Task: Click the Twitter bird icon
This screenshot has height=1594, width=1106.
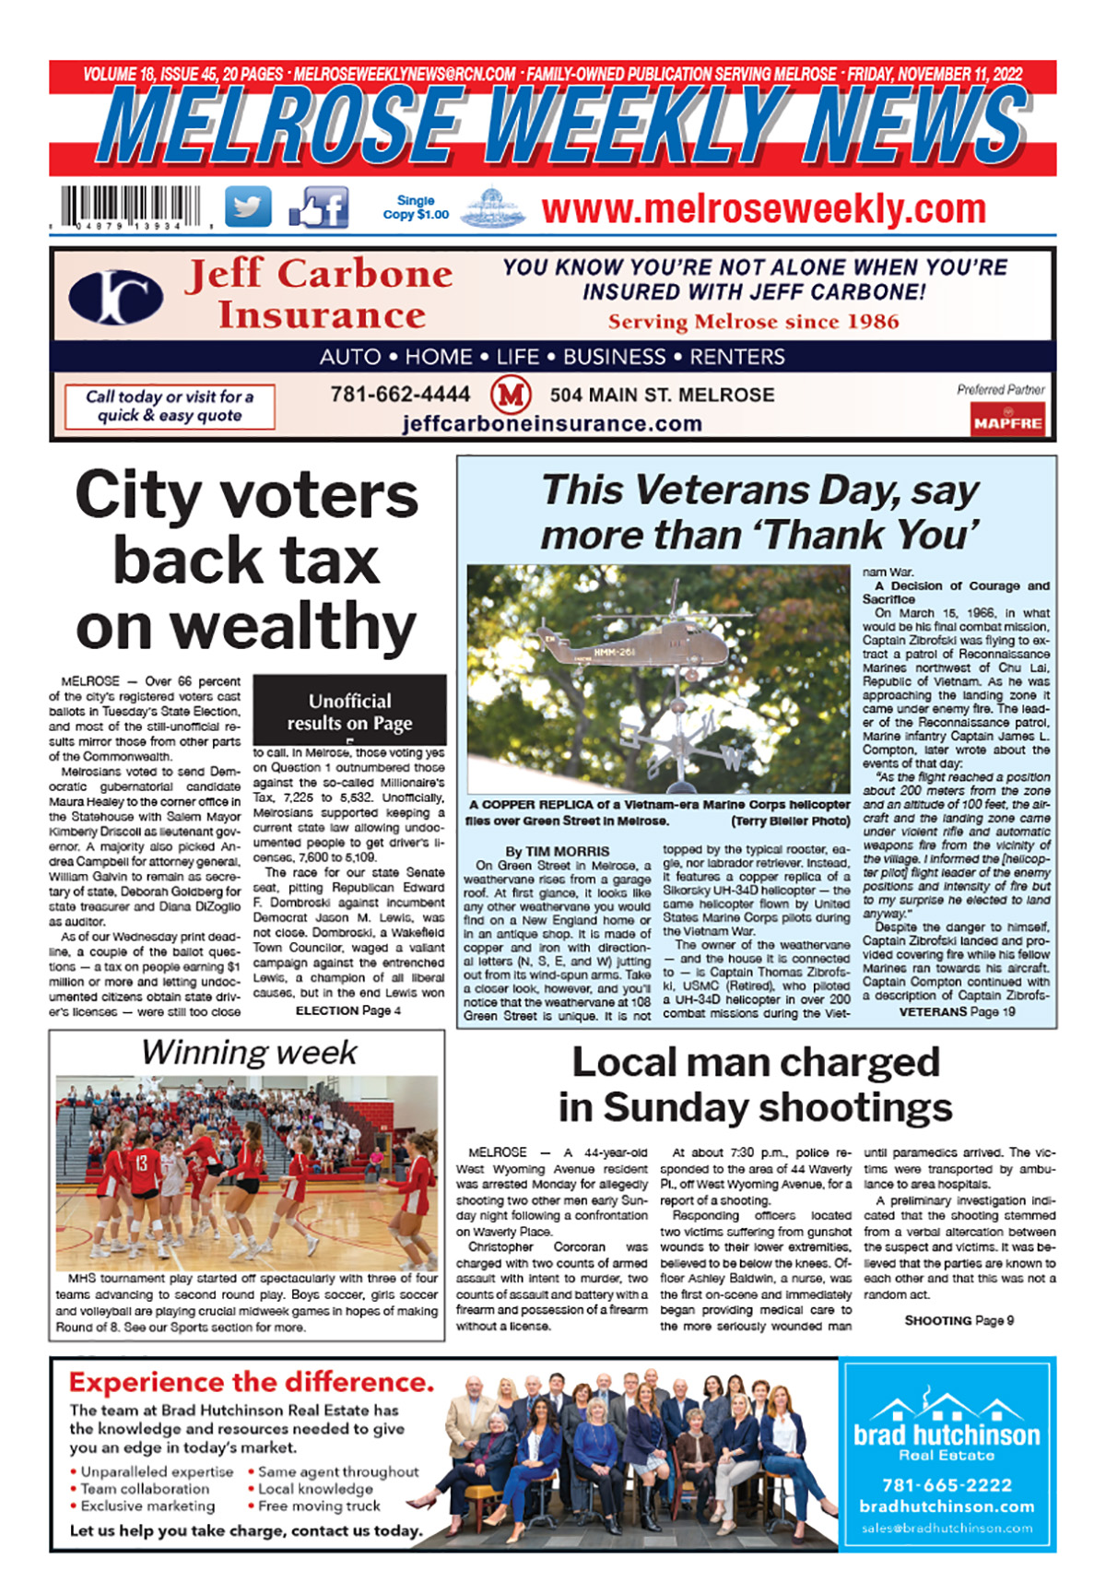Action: click(x=248, y=207)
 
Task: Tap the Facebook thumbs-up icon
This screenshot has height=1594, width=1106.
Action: click(x=319, y=207)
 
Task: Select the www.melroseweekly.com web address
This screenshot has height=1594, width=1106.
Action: click(x=763, y=209)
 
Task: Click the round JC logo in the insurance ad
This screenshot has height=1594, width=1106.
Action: click(x=116, y=298)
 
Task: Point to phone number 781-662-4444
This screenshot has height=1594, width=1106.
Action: click(x=400, y=395)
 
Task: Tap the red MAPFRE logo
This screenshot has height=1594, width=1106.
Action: click(x=1007, y=422)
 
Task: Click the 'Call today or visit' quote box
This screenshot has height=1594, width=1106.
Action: click(x=170, y=406)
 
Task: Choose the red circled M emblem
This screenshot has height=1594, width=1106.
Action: click(x=511, y=396)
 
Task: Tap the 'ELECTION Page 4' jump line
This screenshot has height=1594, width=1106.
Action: click(x=347, y=1010)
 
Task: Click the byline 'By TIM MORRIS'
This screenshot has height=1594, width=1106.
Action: click(x=557, y=851)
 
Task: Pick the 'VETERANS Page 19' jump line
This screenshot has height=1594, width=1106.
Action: click(x=957, y=1011)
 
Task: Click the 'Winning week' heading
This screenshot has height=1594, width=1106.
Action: click(x=249, y=1052)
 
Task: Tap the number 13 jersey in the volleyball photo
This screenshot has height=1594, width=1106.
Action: click(x=142, y=1164)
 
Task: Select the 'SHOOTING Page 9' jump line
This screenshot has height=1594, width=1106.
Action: click(x=959, y=1320)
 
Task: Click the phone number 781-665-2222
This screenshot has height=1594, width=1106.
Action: click(x=947, y=1485)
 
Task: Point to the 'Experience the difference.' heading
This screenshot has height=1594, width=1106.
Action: click(x=251, y=1382)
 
